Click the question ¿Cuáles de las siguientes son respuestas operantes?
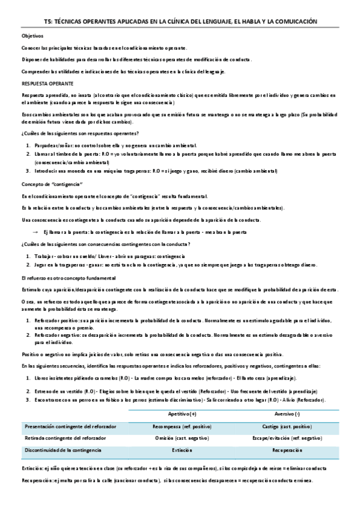(x=80, y=132)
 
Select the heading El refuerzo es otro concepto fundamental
(x=68, y=278)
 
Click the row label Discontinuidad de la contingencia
(x=63, y=450)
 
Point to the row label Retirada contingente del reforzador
(x=63, y=438)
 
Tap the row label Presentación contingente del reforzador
(x=66, y=426)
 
